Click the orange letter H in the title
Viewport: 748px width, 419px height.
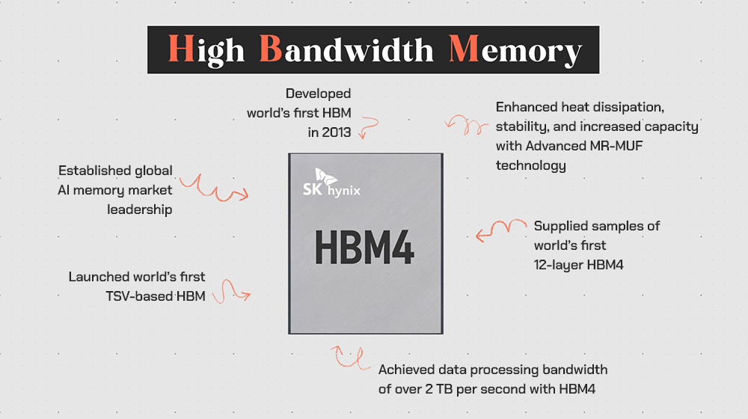[181, 49]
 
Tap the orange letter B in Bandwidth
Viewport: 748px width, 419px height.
[271, 49]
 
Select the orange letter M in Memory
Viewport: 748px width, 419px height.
[464, 49]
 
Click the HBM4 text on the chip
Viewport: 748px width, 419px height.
[364, 247]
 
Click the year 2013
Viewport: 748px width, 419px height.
[337, 132]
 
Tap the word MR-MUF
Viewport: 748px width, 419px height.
[616, 146]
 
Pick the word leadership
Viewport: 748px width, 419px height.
[139, 209]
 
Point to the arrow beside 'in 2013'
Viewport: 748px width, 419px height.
[369, 126]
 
